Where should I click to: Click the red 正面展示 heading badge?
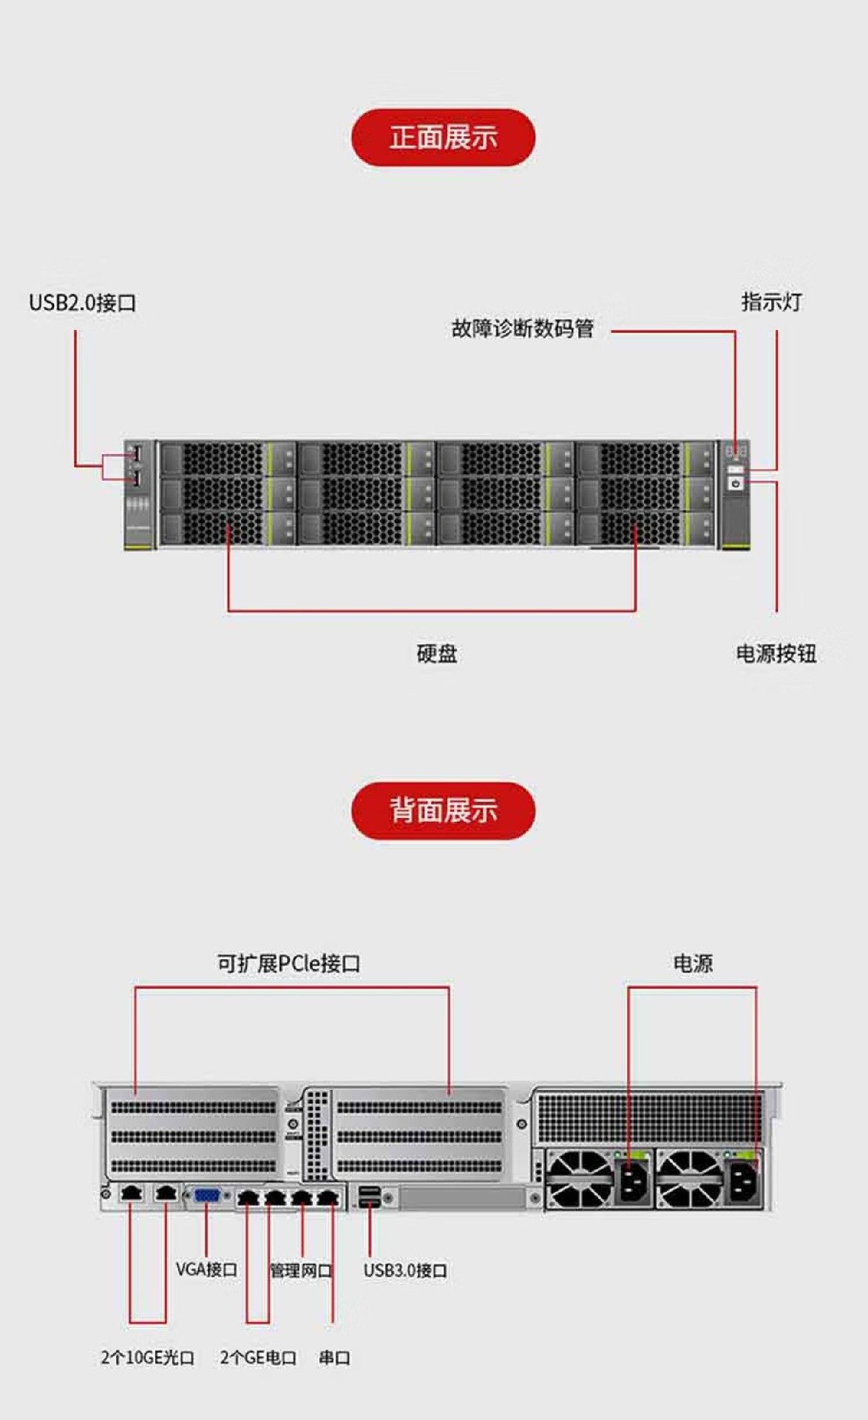(443, 138)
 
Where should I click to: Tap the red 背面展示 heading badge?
(443, 810)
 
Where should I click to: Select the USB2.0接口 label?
(82, 302)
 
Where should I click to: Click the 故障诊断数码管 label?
(522, 328)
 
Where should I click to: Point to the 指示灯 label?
(771, 302)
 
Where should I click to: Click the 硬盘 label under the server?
(436, 653)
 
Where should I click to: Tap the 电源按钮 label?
(776, 653)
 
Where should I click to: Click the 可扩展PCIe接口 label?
(288, 963)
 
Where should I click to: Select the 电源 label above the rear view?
(692, 963)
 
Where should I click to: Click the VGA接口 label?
(206, 1269)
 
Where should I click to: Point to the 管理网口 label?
(300, 1270)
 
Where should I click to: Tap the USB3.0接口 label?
(405, 1270)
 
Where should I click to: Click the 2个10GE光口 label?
(148, 1357)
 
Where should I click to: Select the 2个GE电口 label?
(258, 1357)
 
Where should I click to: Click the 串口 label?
(334, 1357)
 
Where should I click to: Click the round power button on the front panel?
(735, 483)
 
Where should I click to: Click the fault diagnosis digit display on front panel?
(736, 450)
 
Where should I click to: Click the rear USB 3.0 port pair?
(369, 1196)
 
